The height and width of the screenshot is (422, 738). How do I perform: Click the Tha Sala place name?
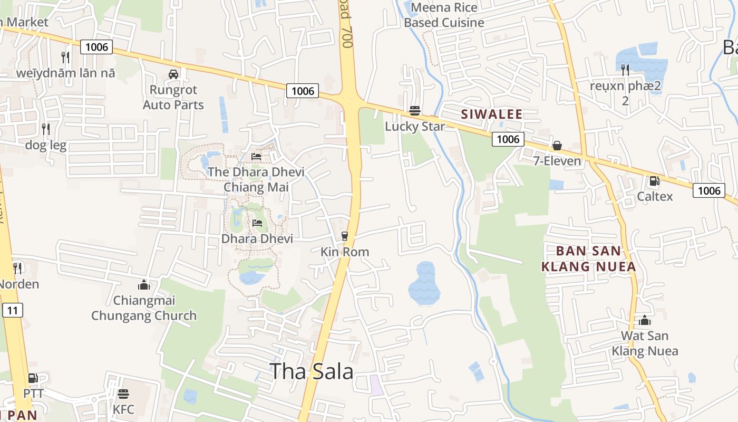[311, 371]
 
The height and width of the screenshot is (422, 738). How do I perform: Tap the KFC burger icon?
[123, 394]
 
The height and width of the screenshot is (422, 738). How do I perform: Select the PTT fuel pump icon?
[33, 378]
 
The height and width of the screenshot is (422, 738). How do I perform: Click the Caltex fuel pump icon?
[654, 181]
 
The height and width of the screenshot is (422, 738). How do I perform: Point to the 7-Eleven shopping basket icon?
[557, 145]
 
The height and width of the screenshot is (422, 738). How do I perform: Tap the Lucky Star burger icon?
[415, 111]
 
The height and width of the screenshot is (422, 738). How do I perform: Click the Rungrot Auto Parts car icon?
[173, 74]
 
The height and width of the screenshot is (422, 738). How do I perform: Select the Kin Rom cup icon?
[345, 236]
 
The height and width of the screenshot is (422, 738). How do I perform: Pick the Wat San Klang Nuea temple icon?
[644, 320]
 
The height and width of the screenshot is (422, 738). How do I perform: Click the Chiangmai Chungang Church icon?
[143, 285]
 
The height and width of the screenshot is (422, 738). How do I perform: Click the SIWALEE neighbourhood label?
[491, 114]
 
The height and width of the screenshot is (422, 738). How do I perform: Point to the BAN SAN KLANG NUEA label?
[588, 258]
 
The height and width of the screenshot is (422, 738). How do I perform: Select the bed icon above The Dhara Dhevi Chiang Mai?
[256, 156]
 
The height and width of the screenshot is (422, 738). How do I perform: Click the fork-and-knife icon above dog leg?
[46, 129]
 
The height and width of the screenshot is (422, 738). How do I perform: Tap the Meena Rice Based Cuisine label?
[444, 15]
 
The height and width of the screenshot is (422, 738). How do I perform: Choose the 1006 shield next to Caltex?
[708, 190]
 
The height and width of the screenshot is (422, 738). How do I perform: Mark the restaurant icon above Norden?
[17, 268]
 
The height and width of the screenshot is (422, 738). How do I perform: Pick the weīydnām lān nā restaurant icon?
[65, 57]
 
